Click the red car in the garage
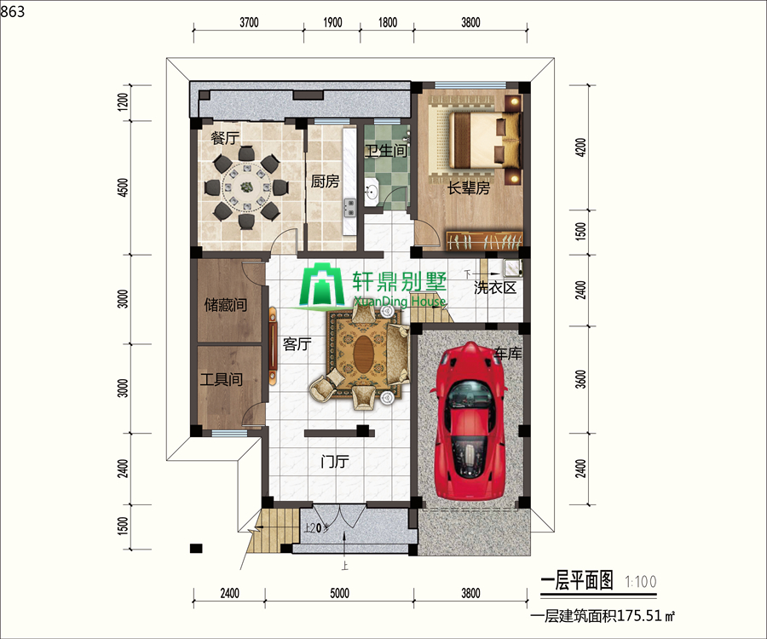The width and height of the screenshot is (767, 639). click(x=470, y=420)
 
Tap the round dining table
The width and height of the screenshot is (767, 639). click(x=246, y=187)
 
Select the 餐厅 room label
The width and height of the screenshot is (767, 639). click(x=225, y=138)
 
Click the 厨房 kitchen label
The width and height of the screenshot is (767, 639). click(x=325, y=181)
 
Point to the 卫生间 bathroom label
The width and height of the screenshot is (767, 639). click(x=386, y=151)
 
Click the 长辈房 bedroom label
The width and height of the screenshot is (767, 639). click(x=469, y=188)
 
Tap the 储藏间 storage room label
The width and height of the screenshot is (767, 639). click(x=226, y=305)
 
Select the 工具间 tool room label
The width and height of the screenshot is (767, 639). click(x=221, y=379)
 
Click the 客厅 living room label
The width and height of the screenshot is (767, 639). click(x=297, y=344)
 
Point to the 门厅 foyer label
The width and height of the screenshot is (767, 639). click(x=335, y=461)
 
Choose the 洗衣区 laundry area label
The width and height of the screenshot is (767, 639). click(x=495, y=287)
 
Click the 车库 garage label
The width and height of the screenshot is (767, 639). click(x=508, y=353)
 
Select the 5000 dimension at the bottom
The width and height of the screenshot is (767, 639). click(x=339, y=593)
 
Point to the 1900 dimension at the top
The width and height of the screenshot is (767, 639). click(x=332, y=22)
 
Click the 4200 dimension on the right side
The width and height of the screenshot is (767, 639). click(x=580, y=147)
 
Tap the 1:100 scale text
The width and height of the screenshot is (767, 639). click(x=640, y=582)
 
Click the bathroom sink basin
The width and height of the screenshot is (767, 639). click(x=372, y=192)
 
